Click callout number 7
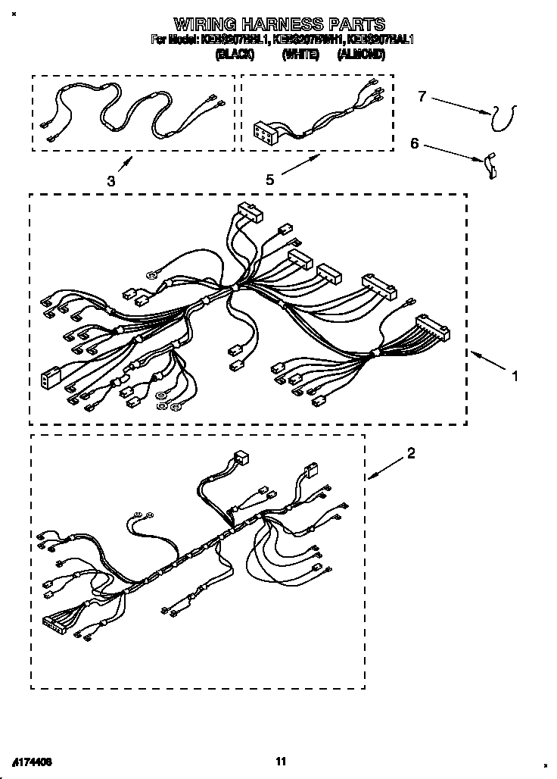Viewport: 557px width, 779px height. (x=422, y=95)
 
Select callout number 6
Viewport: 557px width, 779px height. (x=414, y=143)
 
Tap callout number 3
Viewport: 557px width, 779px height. (x=110, y=181)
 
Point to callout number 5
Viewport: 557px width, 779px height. (x=269, y=180)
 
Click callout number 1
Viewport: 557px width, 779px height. (x=515, y=375)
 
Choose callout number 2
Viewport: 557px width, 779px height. (x=411, y=453)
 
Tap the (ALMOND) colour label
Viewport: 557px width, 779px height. (x=361, y=55)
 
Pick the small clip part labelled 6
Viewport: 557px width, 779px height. (x=491, y=165)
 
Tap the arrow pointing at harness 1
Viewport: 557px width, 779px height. (x=488, y=361)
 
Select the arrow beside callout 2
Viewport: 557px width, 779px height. (x=385, y=468)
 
